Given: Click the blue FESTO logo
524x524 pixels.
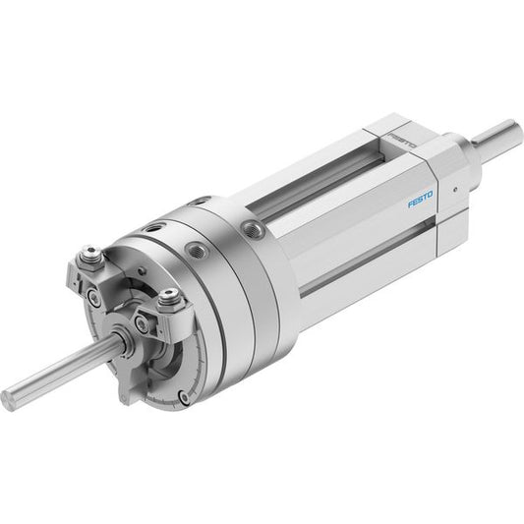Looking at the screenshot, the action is click(420, 200).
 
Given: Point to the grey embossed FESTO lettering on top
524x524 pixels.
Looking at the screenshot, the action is click(402, 141).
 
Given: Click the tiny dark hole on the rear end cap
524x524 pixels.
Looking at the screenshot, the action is click(455, 190).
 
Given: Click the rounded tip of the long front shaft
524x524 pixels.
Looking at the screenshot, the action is click(7, 400).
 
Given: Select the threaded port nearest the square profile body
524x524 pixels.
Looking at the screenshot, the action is click(253, 229).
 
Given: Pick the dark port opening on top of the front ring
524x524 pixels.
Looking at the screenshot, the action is click(154, 228).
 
